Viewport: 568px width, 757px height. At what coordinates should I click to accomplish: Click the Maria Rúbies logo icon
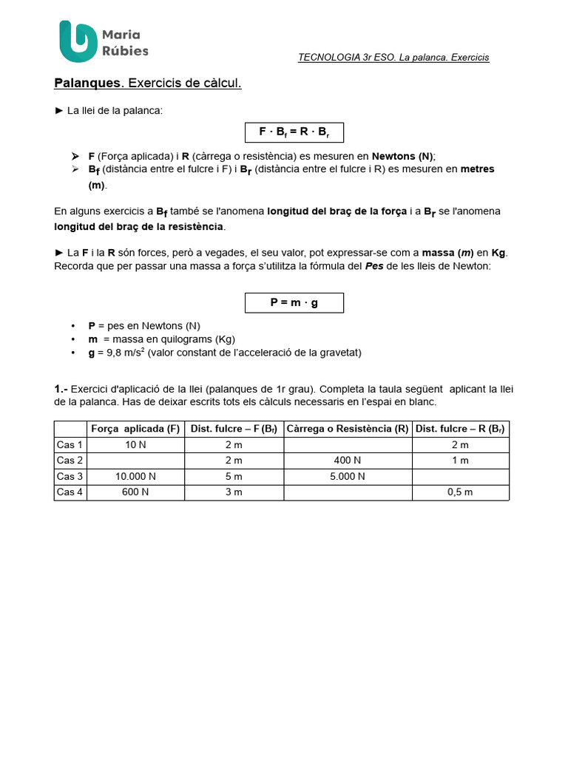click(78, 41)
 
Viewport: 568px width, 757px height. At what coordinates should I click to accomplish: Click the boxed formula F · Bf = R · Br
click(294, 132)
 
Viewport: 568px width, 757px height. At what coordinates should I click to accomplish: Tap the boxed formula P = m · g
click(294, 302)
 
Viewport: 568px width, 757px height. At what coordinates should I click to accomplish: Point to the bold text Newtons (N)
click(402, 156)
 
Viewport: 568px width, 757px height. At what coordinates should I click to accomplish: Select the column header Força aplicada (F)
click(135, 429)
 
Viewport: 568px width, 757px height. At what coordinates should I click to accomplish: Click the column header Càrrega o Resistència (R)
click(348, 429)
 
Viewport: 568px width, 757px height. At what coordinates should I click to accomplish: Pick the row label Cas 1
click(70, 445)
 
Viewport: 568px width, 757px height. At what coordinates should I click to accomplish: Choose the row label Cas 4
click(70, 492)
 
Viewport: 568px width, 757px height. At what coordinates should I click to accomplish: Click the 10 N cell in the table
click(135, 445)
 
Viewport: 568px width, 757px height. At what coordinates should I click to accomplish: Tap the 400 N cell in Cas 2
click(348, 461)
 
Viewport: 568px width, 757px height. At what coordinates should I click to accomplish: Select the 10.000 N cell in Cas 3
click(135, 477)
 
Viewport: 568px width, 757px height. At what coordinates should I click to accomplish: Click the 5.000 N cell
click(348, 477)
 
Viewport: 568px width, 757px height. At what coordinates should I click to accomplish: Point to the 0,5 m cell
click(460, 492)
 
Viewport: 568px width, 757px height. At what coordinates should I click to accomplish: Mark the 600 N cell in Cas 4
click(135, 492)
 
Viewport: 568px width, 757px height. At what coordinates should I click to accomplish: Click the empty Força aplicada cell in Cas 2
click(135, 461)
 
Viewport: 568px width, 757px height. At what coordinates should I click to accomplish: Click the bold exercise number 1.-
click(61, 389)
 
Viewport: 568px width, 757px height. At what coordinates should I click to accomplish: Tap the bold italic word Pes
click(374, 266)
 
